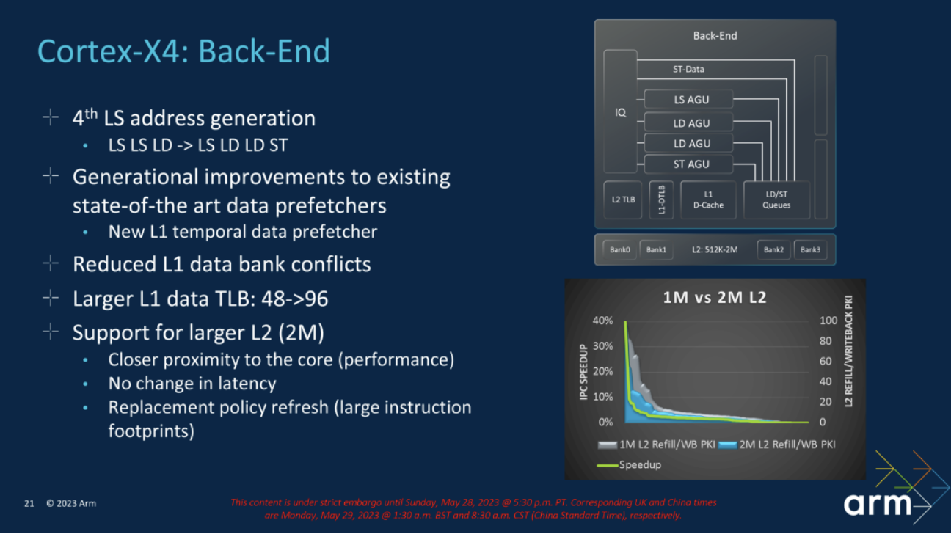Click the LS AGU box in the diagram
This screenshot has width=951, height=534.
click(688, 99)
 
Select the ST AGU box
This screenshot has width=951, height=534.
click(688, 164)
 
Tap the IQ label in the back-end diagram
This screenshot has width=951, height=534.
click(620, 112)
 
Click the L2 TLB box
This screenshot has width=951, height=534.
click(623, 200)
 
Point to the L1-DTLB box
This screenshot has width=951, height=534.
click(661, 200)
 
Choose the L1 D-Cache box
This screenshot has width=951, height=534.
click(708, 200)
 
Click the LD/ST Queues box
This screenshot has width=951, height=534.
click(776, 200)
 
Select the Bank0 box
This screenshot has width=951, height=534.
click(620, 249)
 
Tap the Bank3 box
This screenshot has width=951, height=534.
click(810, 249)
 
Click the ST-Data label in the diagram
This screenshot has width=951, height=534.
click(688, 69)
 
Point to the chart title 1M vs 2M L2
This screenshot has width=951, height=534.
click(715, 298)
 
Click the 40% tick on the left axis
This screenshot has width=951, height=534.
click(603, 321)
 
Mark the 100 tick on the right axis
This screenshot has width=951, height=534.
click(828, 321)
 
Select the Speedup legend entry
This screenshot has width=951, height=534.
click(629, 465)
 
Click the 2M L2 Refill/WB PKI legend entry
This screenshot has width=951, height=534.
click(777, 445)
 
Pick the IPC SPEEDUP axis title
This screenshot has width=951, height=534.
click(584, 372)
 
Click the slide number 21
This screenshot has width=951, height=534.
click(29, 503)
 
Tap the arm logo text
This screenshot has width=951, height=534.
click(877, 504)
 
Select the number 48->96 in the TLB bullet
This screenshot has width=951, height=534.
click(295, 299)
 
